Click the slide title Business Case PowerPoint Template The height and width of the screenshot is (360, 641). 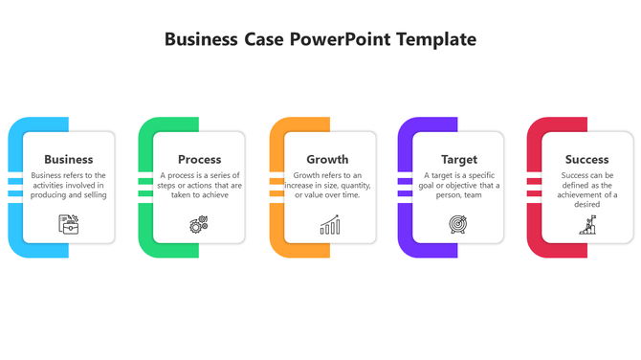click(320, 39)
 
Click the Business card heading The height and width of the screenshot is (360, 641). click(69, 159)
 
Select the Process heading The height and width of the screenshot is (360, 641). click(200, 159)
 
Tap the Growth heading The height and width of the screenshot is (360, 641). click(327, 159)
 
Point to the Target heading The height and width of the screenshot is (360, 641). click(459, 159)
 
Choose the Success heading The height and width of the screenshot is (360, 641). click(586, 159)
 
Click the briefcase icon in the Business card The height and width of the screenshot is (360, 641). click(69, 224)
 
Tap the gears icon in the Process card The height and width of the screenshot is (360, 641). click(199, 225)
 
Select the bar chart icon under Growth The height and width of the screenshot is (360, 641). click(329, 225)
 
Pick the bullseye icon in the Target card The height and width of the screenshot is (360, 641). click(458, 225)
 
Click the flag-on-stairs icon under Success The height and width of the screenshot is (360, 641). click(587, 225)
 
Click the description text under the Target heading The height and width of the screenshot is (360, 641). click(459, 185)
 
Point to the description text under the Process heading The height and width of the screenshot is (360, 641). click(200, 185)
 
